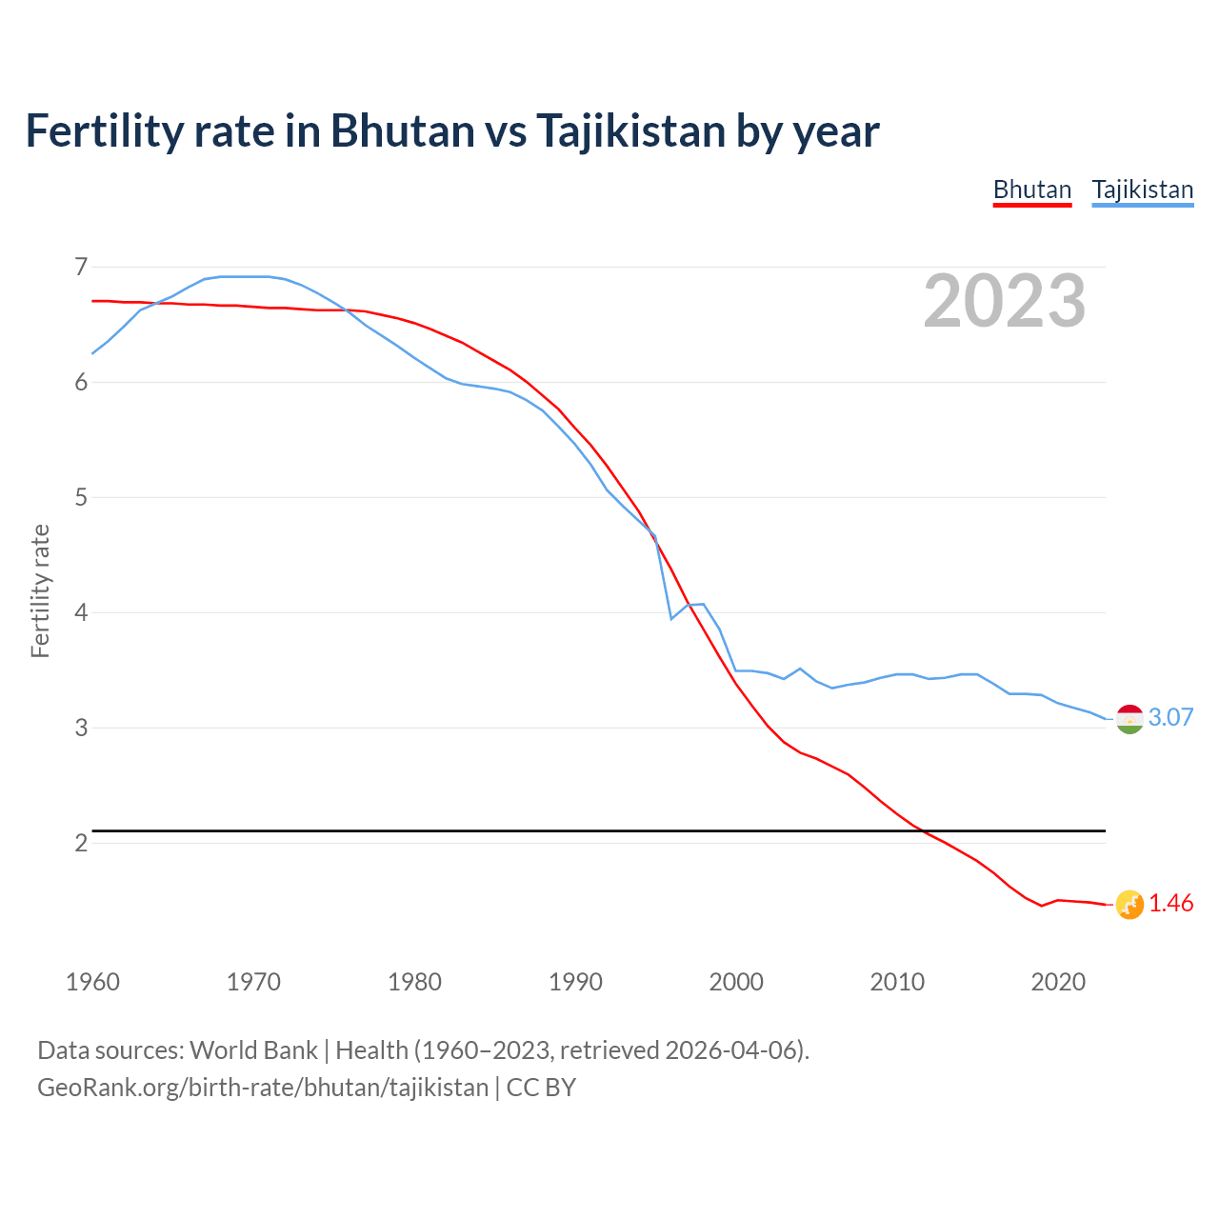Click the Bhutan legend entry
(x=1032, y=190)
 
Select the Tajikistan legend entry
(x=1142, y=190)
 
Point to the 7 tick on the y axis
(x=81, y=267)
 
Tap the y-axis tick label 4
(x=81, y=612)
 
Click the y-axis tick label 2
(x=81, y=843)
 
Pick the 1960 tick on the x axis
(x=92, y=982)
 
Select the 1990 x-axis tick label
(x=575, y=982)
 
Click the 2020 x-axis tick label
(x=1058, y=982)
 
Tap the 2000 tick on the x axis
(x=736, y=982)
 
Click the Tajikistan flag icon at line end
(x=1129, y=719)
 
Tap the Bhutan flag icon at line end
(x=1129, y=905)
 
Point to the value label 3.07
(x=1171, y=718)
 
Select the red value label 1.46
(x=1171, y=904)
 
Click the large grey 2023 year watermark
(x=1005, y=301)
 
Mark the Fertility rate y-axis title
(x=40, y=590)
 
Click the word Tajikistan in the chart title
(x=630, y=130)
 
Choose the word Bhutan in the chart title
(x=402, y=130)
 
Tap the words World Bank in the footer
(x=253, y=1050)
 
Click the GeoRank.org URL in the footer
(x=263, y=1088)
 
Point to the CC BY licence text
(x=541, y=1088)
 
